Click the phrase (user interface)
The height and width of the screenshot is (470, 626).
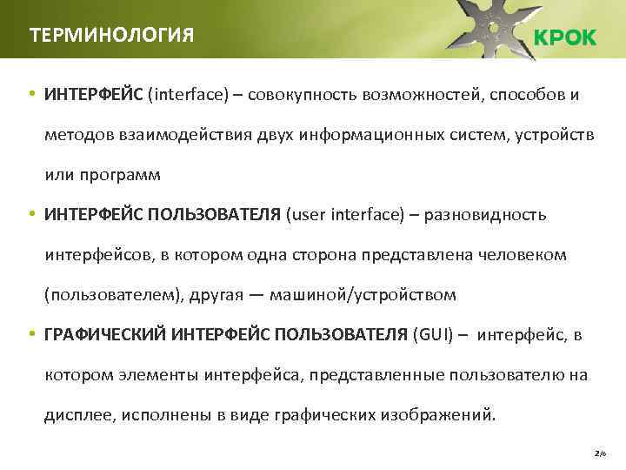[345, 214]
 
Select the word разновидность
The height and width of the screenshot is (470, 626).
[485, 214]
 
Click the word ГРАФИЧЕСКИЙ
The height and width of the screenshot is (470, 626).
[105, 334]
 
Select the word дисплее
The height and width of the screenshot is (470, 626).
[75, 414]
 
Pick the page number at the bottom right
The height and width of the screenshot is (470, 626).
[598, 453]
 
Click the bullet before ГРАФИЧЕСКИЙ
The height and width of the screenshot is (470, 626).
[30, 334]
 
